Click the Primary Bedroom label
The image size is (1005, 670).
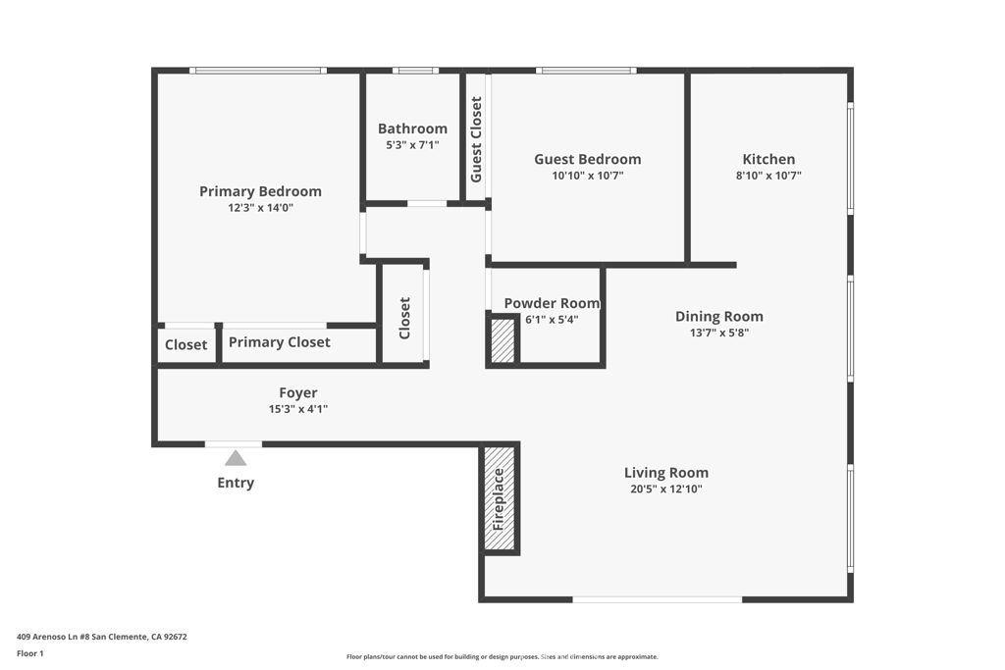pos(260,191)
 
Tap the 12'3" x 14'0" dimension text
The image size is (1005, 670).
pos(260,208)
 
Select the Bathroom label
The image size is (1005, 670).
pos(412,129)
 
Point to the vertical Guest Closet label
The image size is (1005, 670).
pos(476,139)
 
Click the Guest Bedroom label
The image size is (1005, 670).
pos(587,159)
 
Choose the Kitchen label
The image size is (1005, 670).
pos(768,159)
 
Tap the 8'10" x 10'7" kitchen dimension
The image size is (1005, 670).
pos(768,176)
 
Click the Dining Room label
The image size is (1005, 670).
pos(718,316)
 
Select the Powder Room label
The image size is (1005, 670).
pos(552,303)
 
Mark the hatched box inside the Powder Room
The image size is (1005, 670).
pos(502,340)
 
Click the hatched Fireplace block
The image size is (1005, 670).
pos(499,499)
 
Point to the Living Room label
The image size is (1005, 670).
pos(665,473)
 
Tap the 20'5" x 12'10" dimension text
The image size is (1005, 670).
pos(665,489)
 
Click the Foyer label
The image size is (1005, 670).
pos(297,392)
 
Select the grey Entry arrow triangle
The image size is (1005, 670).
pos(236,458)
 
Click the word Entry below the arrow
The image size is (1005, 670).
pos(236,483)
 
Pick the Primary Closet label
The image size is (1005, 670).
pos(279,342)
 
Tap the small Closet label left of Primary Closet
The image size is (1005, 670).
pos(185,344)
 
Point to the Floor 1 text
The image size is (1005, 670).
pos(29,652)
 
